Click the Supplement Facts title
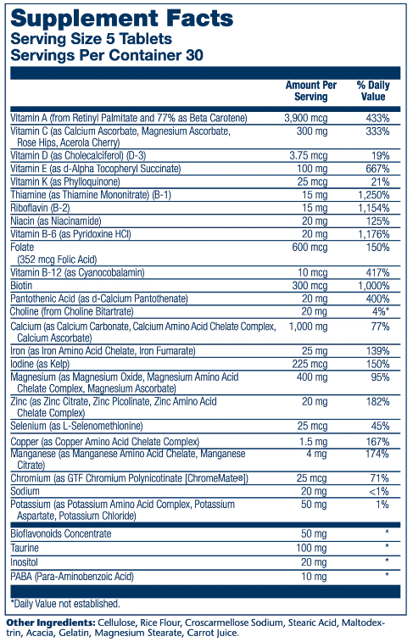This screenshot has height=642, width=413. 121,19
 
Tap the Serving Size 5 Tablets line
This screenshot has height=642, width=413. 91,39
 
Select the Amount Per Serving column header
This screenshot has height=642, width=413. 311,91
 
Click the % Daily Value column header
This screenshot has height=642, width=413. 373,91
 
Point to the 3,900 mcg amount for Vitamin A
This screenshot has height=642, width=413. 306,119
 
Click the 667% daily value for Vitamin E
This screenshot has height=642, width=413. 377,169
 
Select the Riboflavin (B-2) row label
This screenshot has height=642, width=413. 40,208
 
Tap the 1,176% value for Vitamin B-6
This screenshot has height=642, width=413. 374,234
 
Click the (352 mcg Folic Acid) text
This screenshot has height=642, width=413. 57,260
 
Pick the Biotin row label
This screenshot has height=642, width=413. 21,285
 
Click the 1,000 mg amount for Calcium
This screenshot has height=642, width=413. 308,327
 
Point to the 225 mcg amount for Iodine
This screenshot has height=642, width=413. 310,364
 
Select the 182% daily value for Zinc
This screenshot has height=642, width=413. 377,402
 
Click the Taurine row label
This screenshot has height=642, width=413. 25,548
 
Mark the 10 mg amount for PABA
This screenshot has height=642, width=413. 314,577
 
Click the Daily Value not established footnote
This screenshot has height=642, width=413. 65,604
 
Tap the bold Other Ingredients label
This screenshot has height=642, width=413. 51,622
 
